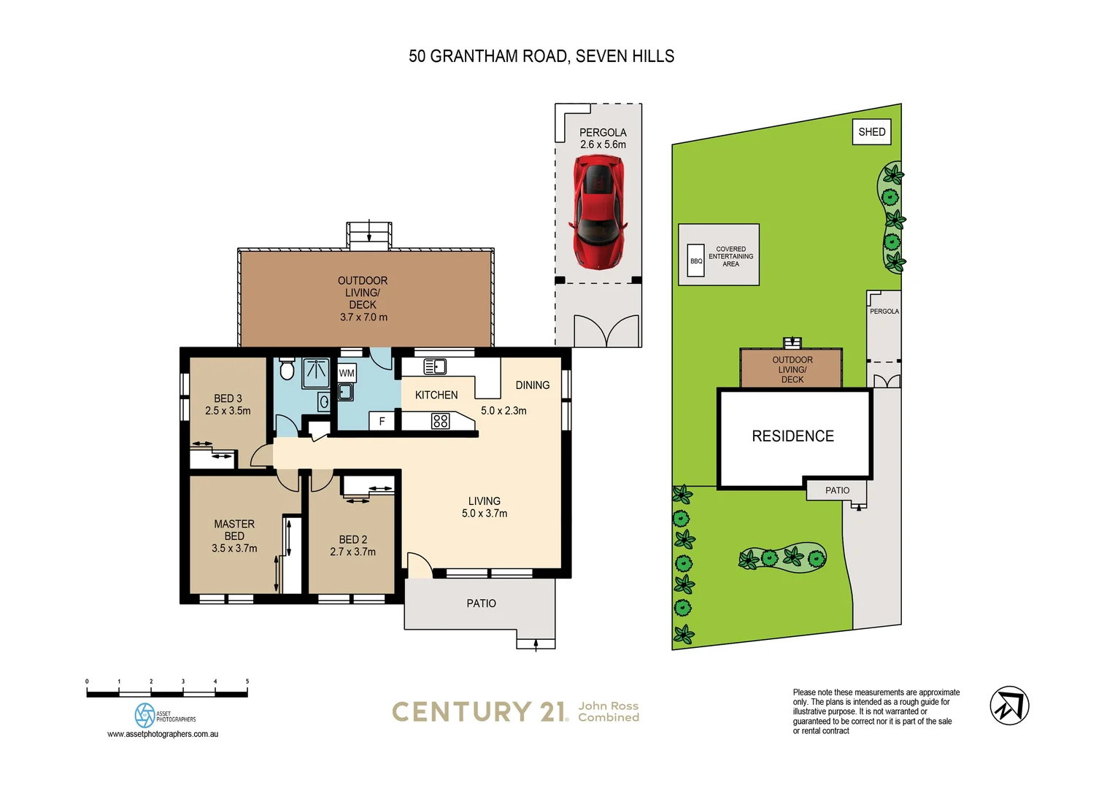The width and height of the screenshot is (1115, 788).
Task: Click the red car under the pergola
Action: coord(599,211)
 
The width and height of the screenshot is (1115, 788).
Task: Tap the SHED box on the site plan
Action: coord(871,132)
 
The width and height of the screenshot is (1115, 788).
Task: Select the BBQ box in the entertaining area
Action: coord(696,260)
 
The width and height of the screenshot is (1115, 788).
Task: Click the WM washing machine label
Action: coord(347,373)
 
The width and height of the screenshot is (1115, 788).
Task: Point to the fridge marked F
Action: coord(382,421)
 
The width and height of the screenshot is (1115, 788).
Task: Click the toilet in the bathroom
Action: coord(287,370)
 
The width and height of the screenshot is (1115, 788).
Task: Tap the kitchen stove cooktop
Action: coord(440,420)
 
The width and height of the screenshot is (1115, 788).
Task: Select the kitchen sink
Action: coord(435,366)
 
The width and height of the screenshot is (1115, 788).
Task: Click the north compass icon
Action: coord(1009,706)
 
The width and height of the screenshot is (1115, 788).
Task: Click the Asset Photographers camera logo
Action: coord(145,715)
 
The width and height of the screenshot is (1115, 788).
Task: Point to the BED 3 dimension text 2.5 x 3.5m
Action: coord(228,411)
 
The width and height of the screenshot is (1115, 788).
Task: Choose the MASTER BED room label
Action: coord(234,530)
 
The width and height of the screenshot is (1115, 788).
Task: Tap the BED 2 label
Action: coord(352,539)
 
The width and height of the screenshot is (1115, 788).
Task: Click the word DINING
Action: coord(533,385)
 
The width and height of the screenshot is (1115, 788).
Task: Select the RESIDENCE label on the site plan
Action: coord(792,436)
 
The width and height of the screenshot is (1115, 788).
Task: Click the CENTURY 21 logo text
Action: coord(479,711)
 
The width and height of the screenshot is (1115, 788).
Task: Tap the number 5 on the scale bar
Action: coord(247,681)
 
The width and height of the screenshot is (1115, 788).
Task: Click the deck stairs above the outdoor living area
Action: coord(369,235)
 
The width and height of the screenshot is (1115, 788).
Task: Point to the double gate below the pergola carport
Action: coord(606,331)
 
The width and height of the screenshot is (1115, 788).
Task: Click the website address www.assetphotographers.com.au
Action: coord(163,734)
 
